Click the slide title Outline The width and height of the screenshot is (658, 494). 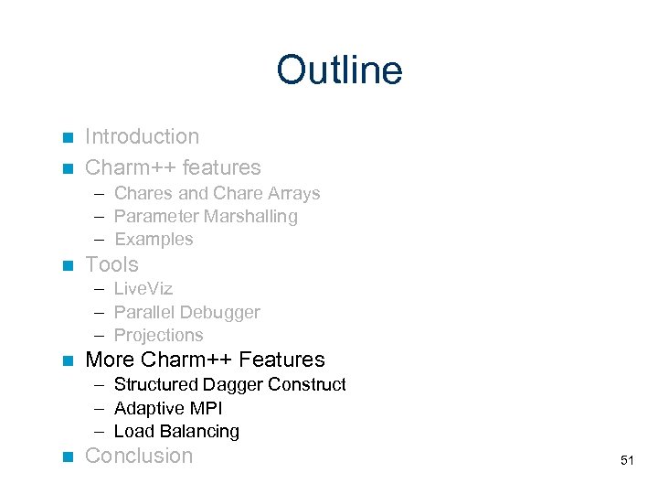click(339, 70)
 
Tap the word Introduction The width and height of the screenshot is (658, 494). click(142, 137)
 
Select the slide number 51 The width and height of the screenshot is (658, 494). click(626, 460)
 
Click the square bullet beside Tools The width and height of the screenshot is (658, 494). click(66, 266)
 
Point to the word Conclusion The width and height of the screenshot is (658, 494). click(139, 456)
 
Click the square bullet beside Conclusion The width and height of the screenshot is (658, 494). click(66, 456)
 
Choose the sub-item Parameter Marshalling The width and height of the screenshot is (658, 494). click(206, 217)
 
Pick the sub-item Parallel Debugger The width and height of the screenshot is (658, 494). click(186, 312)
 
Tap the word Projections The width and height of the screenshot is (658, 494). click(158, 335)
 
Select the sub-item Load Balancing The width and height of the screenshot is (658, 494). click(176, 431)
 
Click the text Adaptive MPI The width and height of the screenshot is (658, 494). click(168, 408)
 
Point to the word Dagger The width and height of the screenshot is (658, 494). click(214, 385)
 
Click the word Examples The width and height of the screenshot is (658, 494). click(154, 240)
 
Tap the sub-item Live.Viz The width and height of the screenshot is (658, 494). click(143, 289)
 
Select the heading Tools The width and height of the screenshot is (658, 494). click(111, 265)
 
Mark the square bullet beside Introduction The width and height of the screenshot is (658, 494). click(66, 138)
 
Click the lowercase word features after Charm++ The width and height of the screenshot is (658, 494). click(221, 168)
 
